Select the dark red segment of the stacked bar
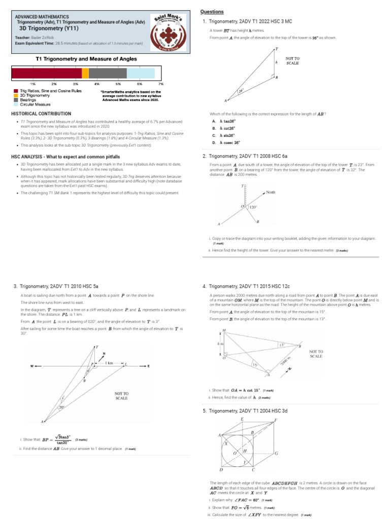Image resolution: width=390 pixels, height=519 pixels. coord(46,73)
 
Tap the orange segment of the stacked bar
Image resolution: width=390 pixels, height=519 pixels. coord(85,73)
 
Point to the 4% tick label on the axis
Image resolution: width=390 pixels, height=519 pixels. coord(96,83)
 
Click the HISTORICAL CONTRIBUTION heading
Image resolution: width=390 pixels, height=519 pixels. coord(41,114)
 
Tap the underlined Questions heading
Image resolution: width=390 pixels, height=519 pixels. coord(212,12)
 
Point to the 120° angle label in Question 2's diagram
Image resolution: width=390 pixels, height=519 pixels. coord(252,207)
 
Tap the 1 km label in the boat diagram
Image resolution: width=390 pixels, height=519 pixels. coord(109,362)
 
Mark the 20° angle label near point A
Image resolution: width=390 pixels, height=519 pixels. coord(62,407)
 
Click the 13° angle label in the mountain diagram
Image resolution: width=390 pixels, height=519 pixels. coord(280,345)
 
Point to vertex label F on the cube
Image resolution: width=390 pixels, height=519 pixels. coord(276,420)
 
